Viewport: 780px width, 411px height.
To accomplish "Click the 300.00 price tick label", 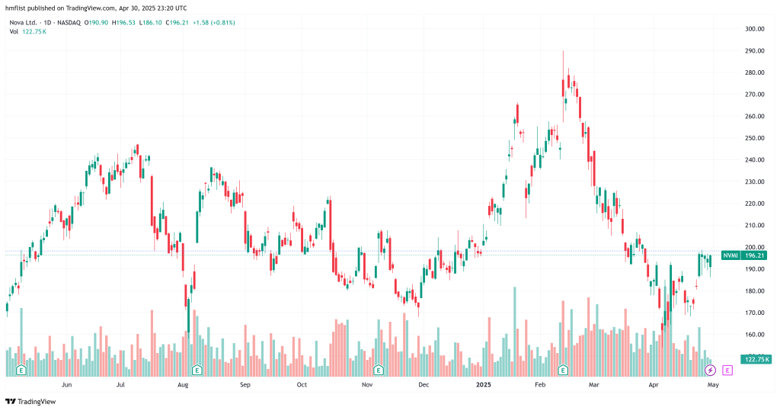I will [755, 29].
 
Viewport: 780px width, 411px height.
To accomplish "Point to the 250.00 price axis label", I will [755, 138].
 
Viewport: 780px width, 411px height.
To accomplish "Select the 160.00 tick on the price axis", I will [755, 335].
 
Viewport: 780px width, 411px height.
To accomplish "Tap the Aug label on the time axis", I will [183, 385].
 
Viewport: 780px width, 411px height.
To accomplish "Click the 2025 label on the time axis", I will [484, 385].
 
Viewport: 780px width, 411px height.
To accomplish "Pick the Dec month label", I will [424, 385].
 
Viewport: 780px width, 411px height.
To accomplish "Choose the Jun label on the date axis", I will [66, 385].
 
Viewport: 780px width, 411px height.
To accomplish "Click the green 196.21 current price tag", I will [754, 255].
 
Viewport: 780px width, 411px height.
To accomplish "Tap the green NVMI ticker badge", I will [730, 255].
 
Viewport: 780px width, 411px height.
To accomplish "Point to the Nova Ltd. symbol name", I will [24, 23].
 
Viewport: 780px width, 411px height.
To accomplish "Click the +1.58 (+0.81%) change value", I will [213, 23].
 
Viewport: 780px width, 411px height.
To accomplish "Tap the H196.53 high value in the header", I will [125, 23].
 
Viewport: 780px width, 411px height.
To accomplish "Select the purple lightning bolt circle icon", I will [711, 370].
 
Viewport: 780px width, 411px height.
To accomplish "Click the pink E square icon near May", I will [727, 370].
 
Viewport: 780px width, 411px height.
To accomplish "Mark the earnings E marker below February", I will [564, 370].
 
